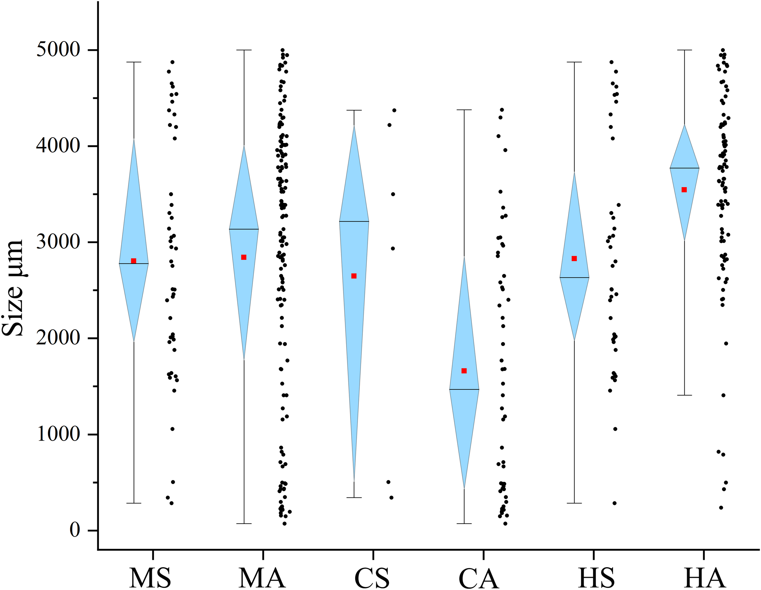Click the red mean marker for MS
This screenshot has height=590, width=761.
(x=133, y=261)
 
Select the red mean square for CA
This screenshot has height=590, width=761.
(x=464, y=371)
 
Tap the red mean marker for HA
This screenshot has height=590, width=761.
(x=684, y=190)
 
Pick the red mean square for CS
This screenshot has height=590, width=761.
(x=354, y=276)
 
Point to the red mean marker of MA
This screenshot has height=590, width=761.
(x=244, y=257)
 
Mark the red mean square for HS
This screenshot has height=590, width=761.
(x=574, y=258)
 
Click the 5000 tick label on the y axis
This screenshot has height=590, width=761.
(x=58, y=50)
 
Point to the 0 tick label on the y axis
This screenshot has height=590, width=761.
(x=75, y=530)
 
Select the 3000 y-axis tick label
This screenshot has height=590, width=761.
(x=58, y=242)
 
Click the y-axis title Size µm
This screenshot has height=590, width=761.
(x=13, y=287)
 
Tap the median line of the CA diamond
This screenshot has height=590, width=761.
(x=464, y=389)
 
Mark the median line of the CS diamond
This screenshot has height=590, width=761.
(x=354, y=221)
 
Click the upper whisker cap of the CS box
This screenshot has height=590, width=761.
(x=354, y=110)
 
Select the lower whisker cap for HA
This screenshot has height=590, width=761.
(x=684, y=395)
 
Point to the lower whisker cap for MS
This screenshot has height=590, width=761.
(x=134, y=503)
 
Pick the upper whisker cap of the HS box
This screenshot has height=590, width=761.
(x=574, y=62)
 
